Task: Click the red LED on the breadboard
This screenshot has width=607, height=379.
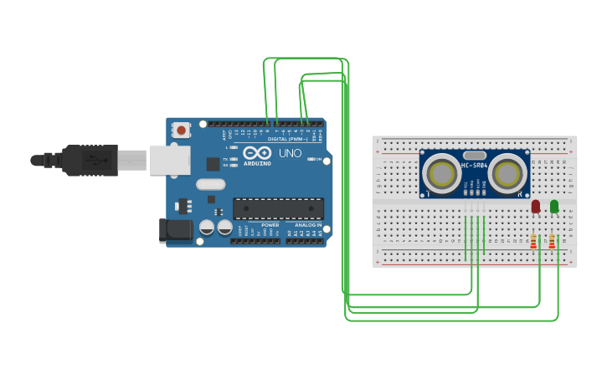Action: [536, 205]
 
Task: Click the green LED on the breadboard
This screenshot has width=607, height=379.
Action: [554, 205]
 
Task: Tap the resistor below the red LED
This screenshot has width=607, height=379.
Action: [533, 241]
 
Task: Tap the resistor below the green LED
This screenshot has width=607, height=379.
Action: [552, 241]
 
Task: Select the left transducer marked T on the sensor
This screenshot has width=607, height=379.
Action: [440, 173]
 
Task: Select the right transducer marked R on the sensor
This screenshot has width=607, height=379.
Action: [507, 173]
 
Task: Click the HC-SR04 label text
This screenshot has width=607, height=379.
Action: [474, 166]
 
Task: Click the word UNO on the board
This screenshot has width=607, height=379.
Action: [290, 154]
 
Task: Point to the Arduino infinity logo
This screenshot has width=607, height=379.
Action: [257, 153]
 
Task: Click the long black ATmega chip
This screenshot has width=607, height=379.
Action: [278, 208]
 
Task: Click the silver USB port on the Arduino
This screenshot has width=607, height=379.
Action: [169, 160]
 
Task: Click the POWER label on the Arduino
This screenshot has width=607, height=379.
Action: [270, 225]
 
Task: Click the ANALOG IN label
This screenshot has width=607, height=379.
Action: [307, 225]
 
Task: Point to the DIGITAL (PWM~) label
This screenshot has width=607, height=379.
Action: [287, 139]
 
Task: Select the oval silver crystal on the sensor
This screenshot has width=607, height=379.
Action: [474, 156]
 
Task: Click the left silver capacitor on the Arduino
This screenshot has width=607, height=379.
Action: [207, 227]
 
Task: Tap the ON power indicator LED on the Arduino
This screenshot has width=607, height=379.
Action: [310, 159]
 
